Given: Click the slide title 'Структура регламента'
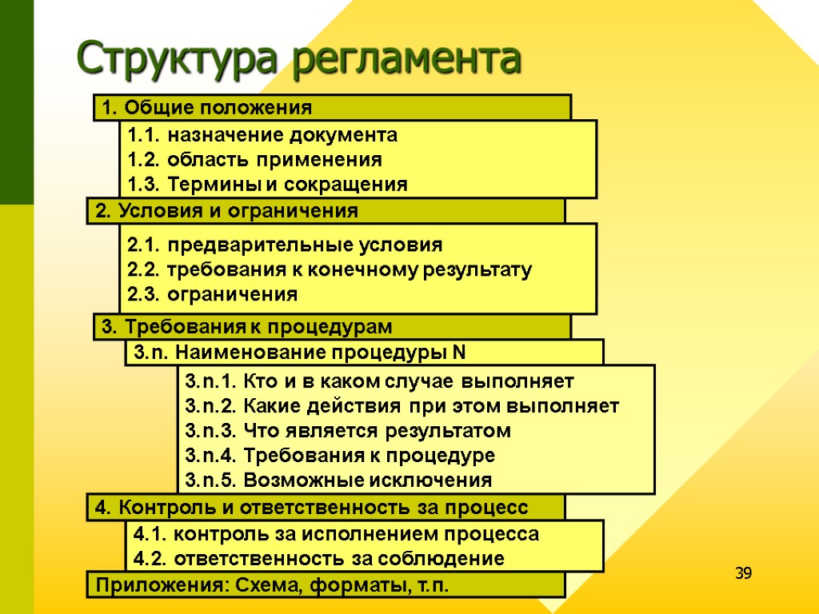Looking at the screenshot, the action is [x=299, y=58].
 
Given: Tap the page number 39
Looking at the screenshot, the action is [x=744, y=574].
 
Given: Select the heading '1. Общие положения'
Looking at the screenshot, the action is [x=204, y=107].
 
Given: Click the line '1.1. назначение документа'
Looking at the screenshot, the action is [x=262, y=134].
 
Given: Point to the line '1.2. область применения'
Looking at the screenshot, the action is [x=254, y=159].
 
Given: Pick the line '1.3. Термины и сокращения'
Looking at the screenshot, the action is [x=267, y=185].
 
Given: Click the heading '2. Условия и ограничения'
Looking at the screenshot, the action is [x=226, y=211].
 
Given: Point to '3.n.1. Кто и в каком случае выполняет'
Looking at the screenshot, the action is [x=379, y=380].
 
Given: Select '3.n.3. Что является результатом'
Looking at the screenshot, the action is [x=347, y=431].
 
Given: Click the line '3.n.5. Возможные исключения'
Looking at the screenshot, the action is [x=338, y=480].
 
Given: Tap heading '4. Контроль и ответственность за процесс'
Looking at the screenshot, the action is [x=312, y=508].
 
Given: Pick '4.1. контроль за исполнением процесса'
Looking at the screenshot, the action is [x=336, y=533].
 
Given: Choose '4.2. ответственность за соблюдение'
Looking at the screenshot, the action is [x=318, y=558].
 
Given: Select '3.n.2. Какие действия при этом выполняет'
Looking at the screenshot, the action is [x=402, y=405].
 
